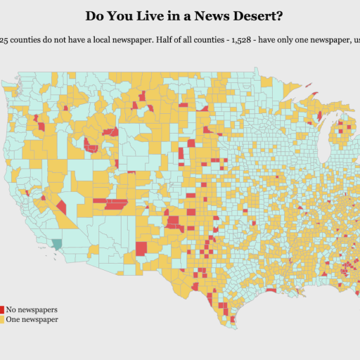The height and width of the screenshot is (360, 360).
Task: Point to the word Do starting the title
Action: pos(94,15)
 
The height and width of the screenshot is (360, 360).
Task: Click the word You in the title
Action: pos(117,15)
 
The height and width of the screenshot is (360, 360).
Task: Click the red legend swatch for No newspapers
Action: pos(2,309)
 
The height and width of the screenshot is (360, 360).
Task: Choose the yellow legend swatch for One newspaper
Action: pos(2,319)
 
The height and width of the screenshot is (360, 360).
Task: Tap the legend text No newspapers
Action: pos(32,309)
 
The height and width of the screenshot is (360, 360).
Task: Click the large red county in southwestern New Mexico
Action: pos(141,248)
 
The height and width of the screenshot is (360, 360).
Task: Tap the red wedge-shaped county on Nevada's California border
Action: pos(62,207)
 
